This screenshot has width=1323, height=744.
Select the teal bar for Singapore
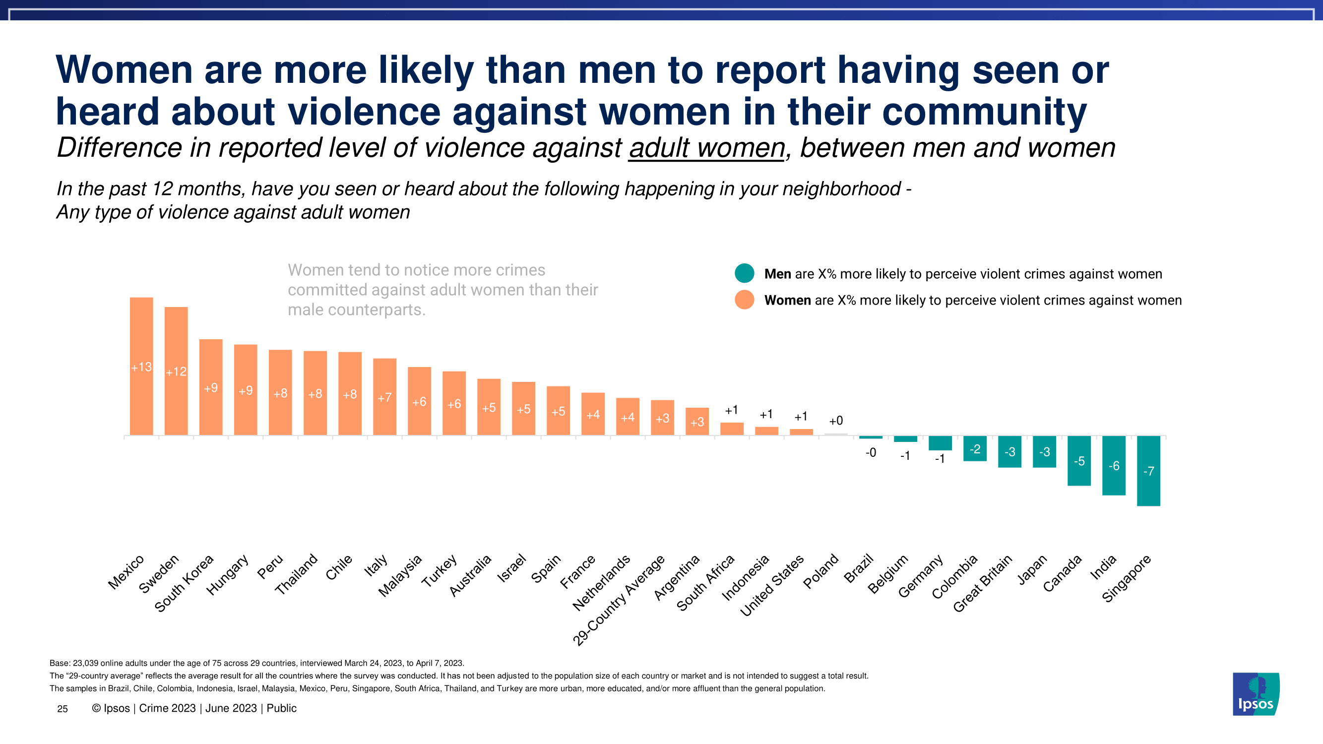pyautogui.click(x=1148, y=488)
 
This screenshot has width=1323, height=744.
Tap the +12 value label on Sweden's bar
pyautogui.click(x=176, y=372)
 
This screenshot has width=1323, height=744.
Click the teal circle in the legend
pyautogui.click(x=744, y=273)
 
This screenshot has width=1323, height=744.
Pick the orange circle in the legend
pyautogui.click(x=744, y=300)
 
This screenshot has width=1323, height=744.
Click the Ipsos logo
pyautogui.click(x=1256, y=694)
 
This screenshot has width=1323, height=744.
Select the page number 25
pyautogui.click(x=62, y=709)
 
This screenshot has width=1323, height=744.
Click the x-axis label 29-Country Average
pyautogui.click(x=619, y=601)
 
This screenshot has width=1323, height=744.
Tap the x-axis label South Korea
pyautogui.click(x=184, y=584)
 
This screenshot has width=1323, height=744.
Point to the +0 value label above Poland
pyautogui.click(x=835, y=421)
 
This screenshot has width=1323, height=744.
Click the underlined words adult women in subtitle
pyautogui.click(x=707, y=148)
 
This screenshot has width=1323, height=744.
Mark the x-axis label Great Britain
pyautogui.click(x=982, y=583)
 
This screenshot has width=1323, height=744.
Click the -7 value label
pyautogui.click(x=1148, y=471)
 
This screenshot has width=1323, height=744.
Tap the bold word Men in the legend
pyautogui.click(x=777, y=274)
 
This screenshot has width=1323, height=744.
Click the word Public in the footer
pyautogui.click(x=281, y=709)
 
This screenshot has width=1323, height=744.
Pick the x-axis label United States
pyautogui.click(x=771, y=585)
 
